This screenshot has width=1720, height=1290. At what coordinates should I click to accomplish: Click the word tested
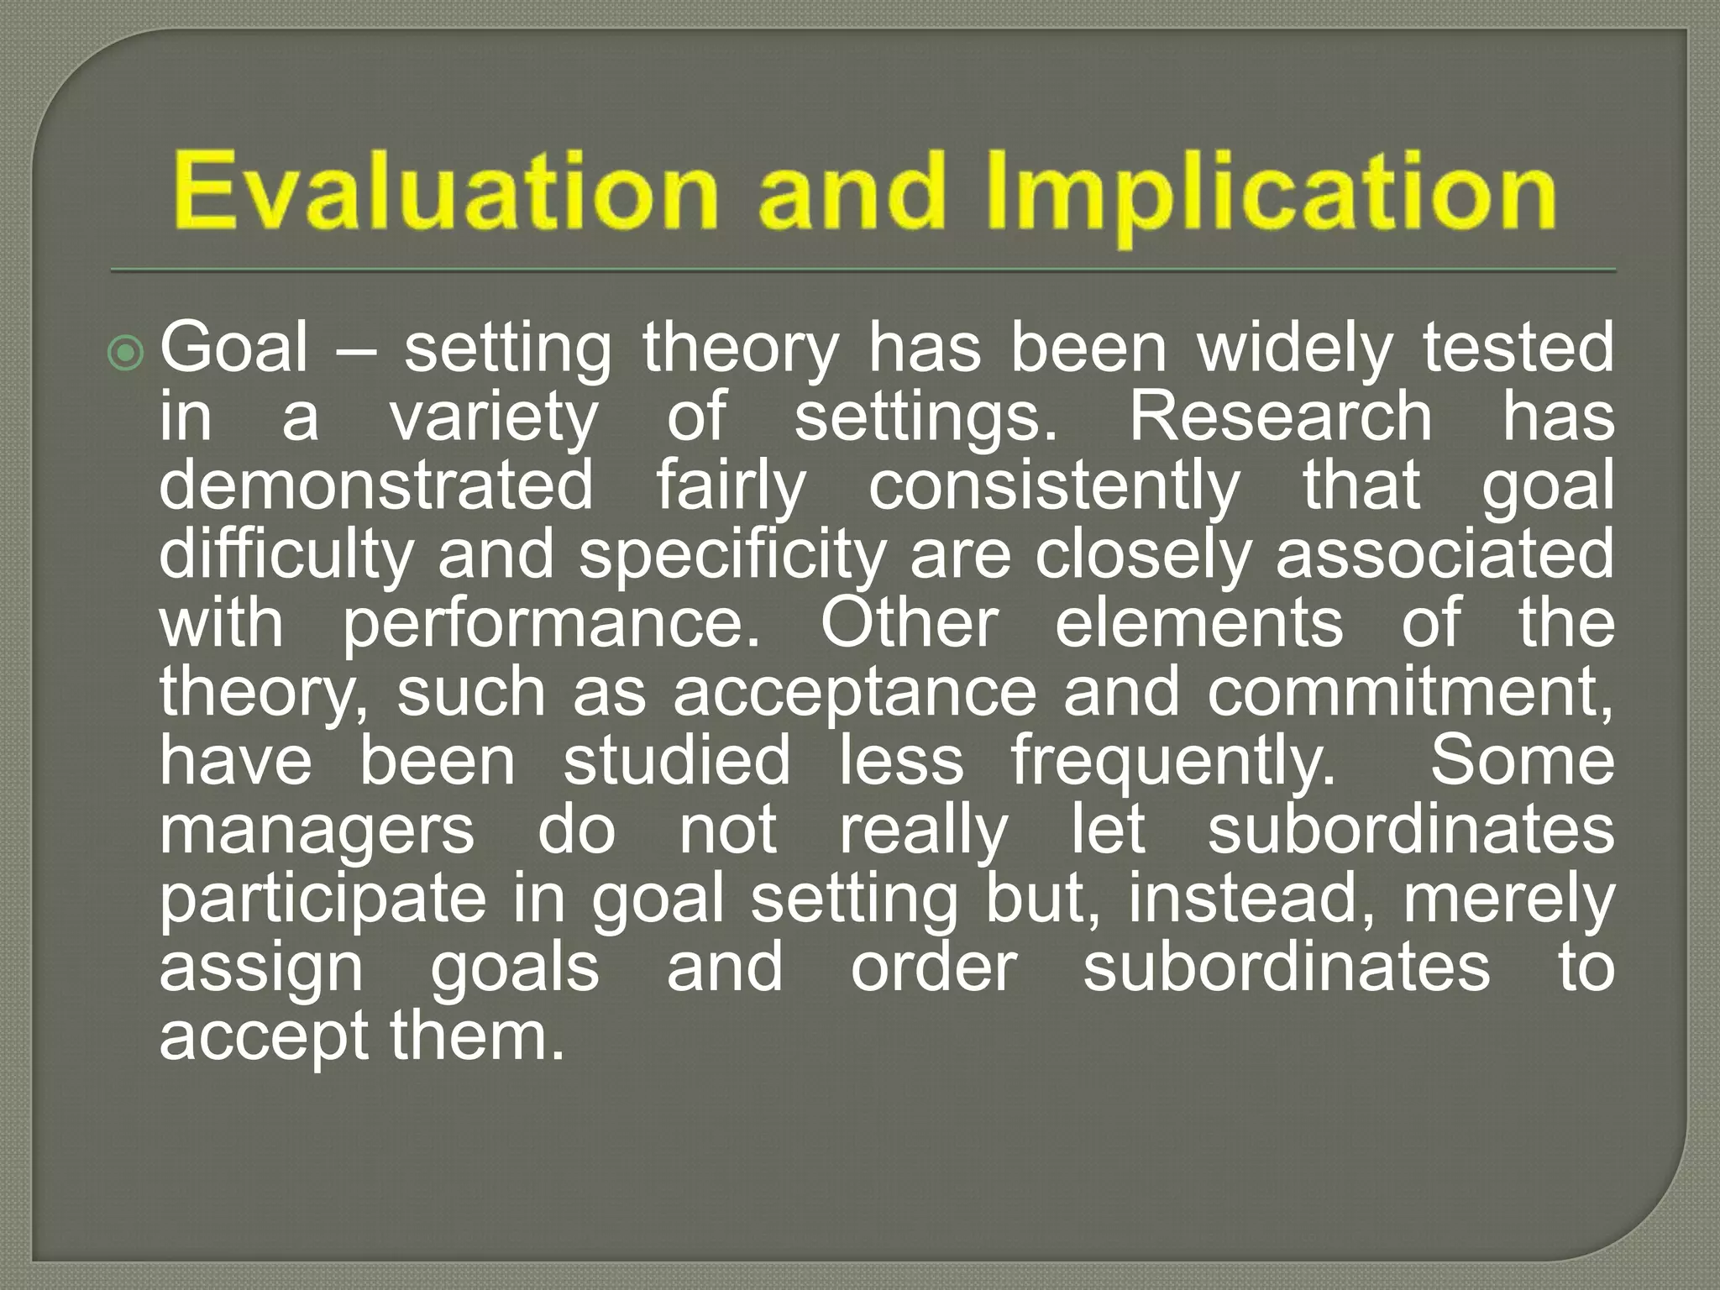tap(1518, 348)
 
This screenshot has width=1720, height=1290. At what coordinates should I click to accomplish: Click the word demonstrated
tap(376, 485)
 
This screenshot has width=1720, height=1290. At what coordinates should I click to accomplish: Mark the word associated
tap(1445, 554)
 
